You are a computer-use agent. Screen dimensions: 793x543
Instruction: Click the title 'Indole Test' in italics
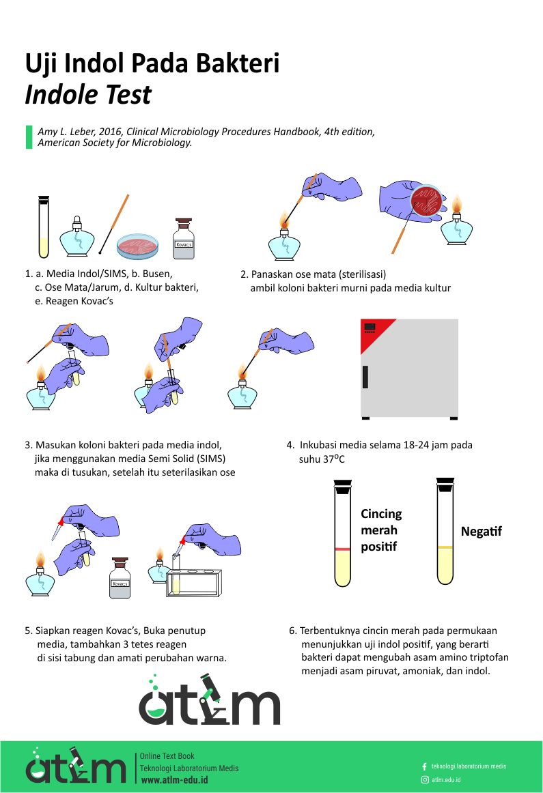pyautogui.click(x=88, y=94)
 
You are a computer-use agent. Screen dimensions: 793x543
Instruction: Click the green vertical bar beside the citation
pyautogui.click(x=29, y=136)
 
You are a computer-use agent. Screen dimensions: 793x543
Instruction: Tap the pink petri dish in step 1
pyautogui.click(x=138, y=246)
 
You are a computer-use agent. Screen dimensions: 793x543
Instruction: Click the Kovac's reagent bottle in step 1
pyautogui.click(x=184, y=240)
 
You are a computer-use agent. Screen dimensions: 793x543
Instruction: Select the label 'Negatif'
pyautogui.click(x=481, y=531)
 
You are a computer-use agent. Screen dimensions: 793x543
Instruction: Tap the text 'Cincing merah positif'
pyautogui.click(x=381, y=530)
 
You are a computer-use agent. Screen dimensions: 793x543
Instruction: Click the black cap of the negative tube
pyautogui.click(x=445, y=484)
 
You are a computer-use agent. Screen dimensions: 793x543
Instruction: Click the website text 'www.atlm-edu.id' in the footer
pyautogui.click(x=174, y=779)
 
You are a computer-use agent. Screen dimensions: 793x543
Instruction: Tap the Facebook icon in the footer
pyautogui.click(x=424, y=766)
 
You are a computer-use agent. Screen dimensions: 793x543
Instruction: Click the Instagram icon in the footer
pyautogui.click(x=424, y=779)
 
